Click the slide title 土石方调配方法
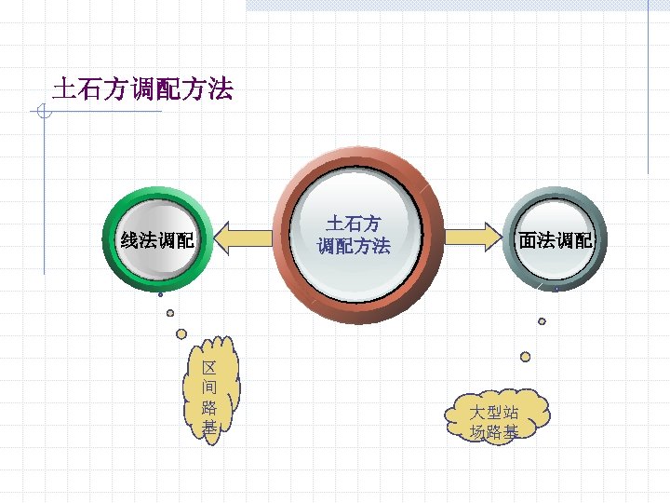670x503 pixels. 143,89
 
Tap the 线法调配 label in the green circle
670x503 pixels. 158,240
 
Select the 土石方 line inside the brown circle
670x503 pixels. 354,224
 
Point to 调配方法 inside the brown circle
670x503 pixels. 354,247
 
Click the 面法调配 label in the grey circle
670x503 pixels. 556,240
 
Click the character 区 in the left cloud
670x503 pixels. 210,366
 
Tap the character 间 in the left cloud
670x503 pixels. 210,387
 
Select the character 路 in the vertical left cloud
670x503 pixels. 210,408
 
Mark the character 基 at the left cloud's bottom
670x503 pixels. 210,428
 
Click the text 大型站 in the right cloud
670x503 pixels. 494,412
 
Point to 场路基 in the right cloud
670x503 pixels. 494,431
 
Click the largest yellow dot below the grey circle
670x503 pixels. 526,356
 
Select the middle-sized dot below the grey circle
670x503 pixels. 542,321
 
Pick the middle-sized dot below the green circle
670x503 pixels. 170,312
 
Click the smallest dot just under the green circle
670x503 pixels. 160,294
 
